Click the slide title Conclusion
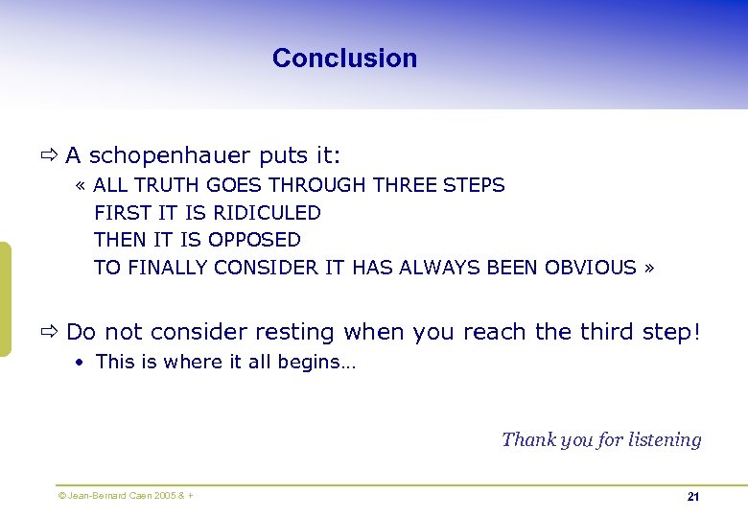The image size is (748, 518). [344, 58]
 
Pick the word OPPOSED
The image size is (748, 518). [254, 240]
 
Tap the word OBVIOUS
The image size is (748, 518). [590, 268]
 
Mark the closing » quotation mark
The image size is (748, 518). [649, 268]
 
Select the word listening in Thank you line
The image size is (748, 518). [665, 440]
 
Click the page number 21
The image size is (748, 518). [692, 497]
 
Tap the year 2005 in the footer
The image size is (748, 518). [160, 496]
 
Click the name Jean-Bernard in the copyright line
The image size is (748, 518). [91, 496]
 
